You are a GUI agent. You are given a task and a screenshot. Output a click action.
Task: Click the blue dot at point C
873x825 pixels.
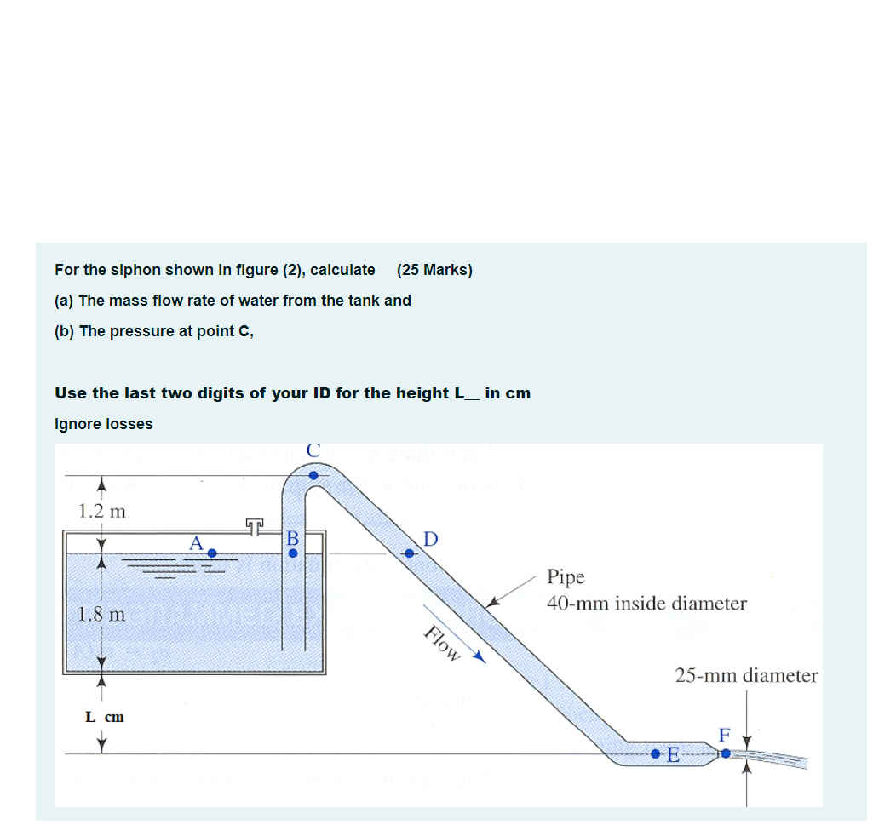pos(313,475)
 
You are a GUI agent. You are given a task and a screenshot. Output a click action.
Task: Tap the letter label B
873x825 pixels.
pos(293,539)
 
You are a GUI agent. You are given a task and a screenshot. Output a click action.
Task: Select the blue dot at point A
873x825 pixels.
pos(212,553)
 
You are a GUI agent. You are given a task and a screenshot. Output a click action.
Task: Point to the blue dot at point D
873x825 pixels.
pos(410,553)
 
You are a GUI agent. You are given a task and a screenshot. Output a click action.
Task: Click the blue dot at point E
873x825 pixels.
pos(655,754)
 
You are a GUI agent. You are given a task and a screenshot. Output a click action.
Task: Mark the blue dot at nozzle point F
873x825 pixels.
pos(726,753)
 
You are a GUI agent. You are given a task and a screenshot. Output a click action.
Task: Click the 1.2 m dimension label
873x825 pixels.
pos(101,512)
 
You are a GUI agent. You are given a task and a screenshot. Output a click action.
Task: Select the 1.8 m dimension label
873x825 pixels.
pos(101,613)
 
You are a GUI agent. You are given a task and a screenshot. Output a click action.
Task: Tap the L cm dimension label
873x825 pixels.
pos(105,717)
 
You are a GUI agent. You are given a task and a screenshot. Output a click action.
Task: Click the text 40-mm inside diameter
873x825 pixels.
pos(646,604)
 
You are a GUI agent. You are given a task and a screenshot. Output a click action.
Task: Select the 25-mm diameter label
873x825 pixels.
pos(746,676)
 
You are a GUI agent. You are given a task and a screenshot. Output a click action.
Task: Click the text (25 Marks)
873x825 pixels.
pos(434,270)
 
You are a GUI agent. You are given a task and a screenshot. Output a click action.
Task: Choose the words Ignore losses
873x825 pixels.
pos(104,424)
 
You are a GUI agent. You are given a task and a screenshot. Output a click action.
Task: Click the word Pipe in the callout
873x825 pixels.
pos(566,576)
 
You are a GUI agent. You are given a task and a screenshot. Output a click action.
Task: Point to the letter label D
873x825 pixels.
pos(430,539)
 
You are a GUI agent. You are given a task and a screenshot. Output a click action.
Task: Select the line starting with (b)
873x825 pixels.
pos(154,331)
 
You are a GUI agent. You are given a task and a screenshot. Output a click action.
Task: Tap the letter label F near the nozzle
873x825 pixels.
pos(725,735)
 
